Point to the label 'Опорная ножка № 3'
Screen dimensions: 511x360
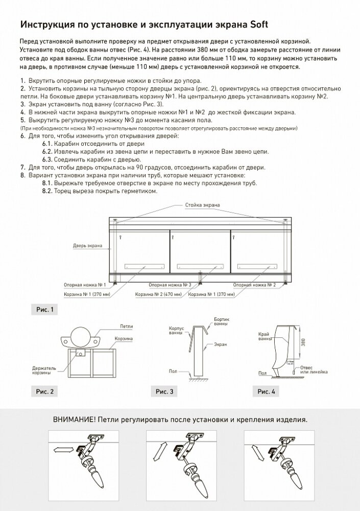170,284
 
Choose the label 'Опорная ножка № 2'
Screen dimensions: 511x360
258,284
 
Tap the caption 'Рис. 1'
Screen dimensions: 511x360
44,310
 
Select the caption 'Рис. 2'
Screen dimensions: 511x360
44,392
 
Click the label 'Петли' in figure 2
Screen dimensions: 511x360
127,326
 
